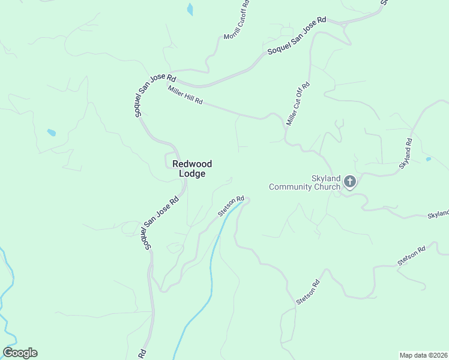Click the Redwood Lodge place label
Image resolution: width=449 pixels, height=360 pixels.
pyautogui.click(x=192, y=169)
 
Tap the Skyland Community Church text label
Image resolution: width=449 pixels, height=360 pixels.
pyautogui.click(x=305, y=183)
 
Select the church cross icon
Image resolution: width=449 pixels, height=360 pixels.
pyautogui.click(x=350, y=181)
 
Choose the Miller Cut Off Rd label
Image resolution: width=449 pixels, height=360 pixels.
pyautogui.click(x=298, y=103)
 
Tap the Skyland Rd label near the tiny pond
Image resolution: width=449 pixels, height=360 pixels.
pyautogui.click(x=406, y=153)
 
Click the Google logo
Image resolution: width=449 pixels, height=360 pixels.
pyautogui.click(x=20, y=353)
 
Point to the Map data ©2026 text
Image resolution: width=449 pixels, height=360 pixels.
pyautogui.click(x=423, y=355)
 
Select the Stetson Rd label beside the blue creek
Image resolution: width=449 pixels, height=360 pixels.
pyautogui.click(x=231, y=206)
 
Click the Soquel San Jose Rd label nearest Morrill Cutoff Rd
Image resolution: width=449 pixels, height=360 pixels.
pyautogui.click(x=297, y=36)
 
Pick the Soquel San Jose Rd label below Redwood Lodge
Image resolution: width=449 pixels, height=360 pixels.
pyautogui.click(x=161, y=223)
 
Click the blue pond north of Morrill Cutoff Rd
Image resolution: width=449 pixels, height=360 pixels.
pyautogui.click(x=190, y=9)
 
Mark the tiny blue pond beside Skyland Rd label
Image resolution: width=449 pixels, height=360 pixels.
pyautogui.click(x=427, y=159)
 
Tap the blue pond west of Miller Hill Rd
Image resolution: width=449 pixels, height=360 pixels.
pyautogui.click(x=52, y=133)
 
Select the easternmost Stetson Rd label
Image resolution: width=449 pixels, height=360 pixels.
pyautogui.click(x=411, y=256)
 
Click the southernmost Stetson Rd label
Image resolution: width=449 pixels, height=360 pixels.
pyautogui.click(x=309, y=291)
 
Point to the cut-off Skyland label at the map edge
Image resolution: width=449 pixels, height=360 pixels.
pyautogui.click(x=438, y=214)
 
